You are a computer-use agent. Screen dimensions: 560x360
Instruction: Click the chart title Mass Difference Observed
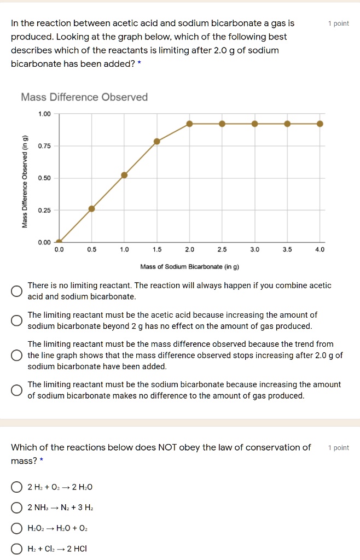(84, 97)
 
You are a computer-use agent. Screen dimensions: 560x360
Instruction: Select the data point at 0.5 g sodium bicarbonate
(92, 208)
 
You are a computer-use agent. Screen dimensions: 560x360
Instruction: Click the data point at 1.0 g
(124, 175)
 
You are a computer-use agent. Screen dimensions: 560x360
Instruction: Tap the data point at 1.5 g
(157, 141)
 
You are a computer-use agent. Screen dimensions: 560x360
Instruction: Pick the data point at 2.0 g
(189, 124)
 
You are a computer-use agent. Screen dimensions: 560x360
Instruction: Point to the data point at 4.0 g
(320, 124)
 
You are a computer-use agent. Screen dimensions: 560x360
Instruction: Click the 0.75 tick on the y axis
(44, 146)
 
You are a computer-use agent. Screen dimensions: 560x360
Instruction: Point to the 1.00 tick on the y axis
(44, 114)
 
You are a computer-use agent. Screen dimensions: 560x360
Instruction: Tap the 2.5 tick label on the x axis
(222, 249)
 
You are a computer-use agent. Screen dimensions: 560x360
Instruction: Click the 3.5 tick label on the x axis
(287, 249)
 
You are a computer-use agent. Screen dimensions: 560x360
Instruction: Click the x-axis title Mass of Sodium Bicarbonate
(190, 267)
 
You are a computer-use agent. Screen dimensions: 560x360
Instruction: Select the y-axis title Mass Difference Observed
(25, 181)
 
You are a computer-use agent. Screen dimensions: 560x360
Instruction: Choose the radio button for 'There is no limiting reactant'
(18, 290)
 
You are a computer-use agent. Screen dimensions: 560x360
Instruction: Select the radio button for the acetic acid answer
(18, 320)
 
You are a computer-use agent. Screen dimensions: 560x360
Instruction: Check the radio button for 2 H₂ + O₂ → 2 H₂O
(18, 487)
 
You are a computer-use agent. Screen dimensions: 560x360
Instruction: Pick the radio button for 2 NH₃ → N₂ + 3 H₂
(18, 508)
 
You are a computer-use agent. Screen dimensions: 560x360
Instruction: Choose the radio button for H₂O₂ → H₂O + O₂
(18, 528)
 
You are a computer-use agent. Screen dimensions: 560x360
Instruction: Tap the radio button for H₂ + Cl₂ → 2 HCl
(18, 549)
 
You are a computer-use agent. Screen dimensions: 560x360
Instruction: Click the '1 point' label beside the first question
(338, 24)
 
